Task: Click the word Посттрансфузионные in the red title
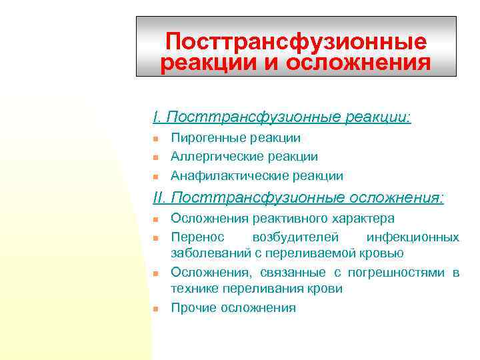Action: pos(296,42)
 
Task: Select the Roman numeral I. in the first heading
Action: pos(157,117)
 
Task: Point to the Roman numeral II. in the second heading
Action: pos(160,197)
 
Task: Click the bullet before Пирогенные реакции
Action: pos(155,139)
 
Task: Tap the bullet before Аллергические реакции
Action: pos(155,157)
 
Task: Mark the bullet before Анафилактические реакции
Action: pos(155,177)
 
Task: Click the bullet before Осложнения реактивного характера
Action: pos(155,219)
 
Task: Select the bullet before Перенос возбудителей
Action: pos(155,237)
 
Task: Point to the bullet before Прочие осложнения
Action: pos(155,308)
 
